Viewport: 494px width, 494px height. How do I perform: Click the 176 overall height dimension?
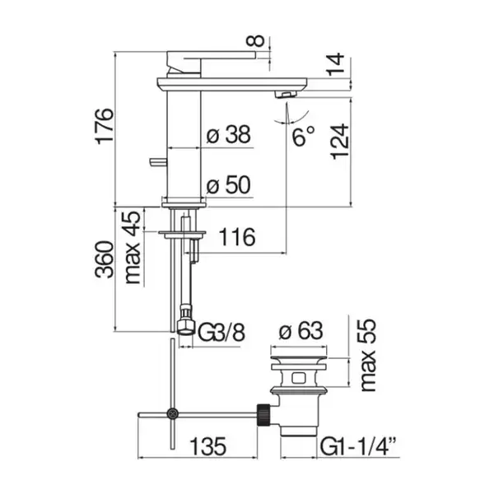(105, 126)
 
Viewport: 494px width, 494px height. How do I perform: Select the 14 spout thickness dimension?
(335, 64)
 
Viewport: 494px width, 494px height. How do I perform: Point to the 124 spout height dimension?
(340, 142)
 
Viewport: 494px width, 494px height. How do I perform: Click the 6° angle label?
(303, 137)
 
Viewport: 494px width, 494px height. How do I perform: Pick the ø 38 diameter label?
(228, 134)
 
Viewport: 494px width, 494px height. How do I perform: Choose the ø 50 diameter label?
(228, 185)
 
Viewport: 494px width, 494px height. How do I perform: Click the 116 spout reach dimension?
(237, 237)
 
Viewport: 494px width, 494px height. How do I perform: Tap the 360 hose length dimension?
(105, 259)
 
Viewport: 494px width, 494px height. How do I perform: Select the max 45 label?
(133, 248)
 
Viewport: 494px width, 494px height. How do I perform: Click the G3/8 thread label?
(221, 333)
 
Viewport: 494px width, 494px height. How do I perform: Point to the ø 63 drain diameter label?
(301, 331)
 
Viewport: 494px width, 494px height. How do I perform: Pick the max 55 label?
(368, 356)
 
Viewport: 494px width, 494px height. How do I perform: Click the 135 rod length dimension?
(207, 446)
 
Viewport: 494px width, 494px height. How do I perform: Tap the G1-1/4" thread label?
(358, 446)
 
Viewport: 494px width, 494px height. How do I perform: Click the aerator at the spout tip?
(287, 94)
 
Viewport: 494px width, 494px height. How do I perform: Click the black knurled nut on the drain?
(264, 415)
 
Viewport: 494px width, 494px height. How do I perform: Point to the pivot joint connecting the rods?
(172, 413)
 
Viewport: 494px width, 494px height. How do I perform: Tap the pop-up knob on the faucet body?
(158, 161)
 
